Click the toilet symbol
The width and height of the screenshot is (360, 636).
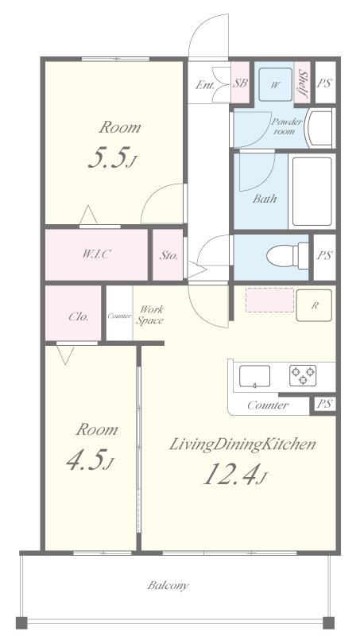click(x=288, y=255)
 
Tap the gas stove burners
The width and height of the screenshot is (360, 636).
click(x=303, y=375)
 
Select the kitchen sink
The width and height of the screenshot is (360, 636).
click(x=254, y=376)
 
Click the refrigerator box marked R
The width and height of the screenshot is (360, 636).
click(x=314, y=306)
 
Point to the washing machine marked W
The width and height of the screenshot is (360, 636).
click(x=275, y=84)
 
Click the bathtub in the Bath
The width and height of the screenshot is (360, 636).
click(x=312, y=191)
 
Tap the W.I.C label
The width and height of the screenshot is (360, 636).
click(x=96, y=254)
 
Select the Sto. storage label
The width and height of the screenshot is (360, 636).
click(x=168, y=256)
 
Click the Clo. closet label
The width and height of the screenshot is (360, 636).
click(x=78, y=316)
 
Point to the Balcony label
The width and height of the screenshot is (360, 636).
click(x=168, y=585)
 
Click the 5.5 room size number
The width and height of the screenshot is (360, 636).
click(x=108, y=158)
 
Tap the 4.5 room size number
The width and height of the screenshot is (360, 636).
click(x=87, y=461)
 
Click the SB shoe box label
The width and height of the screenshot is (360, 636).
click(x=240, y=83)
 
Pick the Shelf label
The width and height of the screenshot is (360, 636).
click(x=302, y=84)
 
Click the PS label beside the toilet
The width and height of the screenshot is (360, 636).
click(x=325, y=255)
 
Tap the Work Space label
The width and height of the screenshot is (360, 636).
click(x=149, y=315)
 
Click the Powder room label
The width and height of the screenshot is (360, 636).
click(x=286, y=126)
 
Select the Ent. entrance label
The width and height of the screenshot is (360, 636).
click(x=205, y=85)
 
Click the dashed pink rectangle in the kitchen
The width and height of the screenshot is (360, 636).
click(x=269, y=301)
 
